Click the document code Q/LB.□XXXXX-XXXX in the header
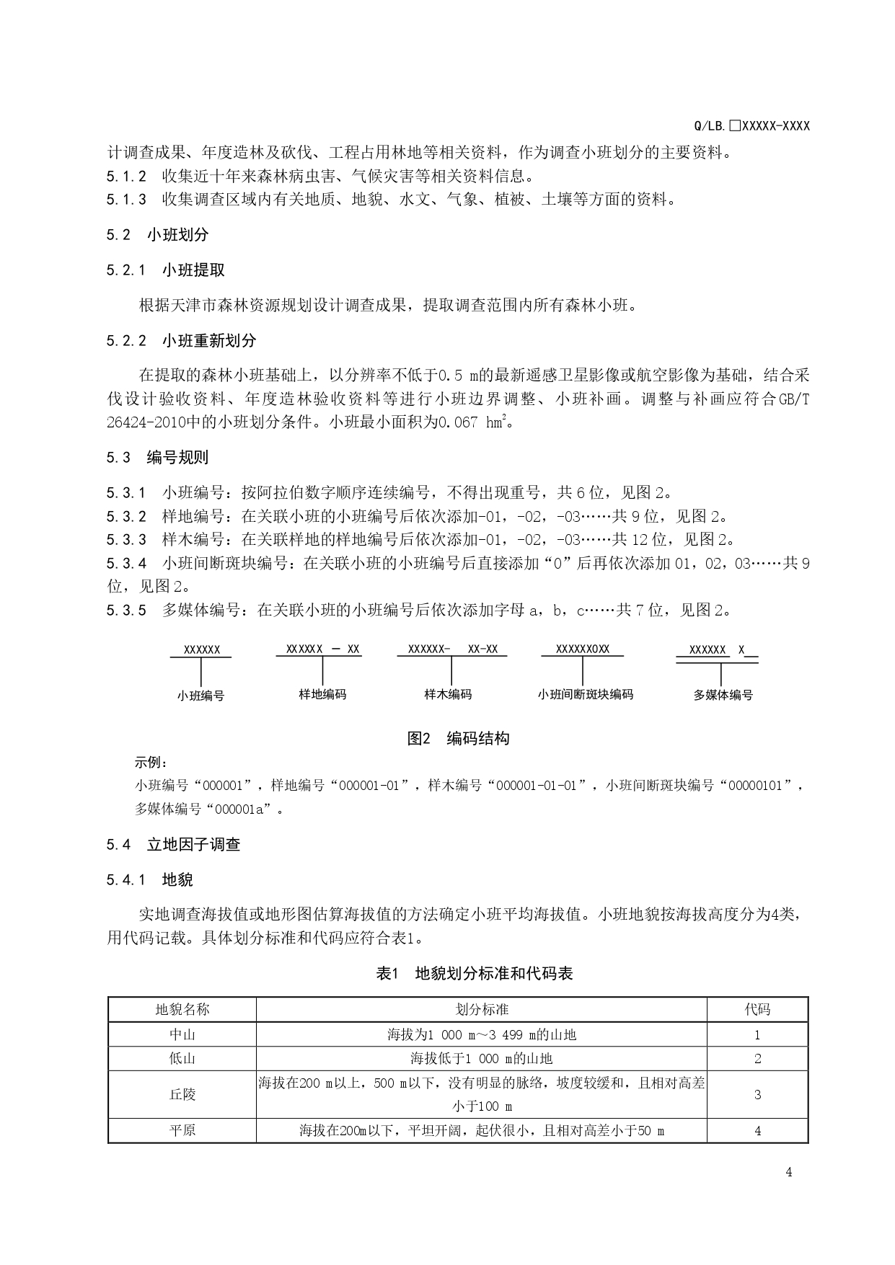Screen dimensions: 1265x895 tap(751, 125)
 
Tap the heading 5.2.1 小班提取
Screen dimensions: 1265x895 tap(165, 270)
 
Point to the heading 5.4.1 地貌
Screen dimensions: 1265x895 tap(149, 879)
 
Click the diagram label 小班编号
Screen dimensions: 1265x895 tap(200, 696)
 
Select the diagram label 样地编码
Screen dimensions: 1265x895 tap(322, 694)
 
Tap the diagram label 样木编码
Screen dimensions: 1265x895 tap(448, 694)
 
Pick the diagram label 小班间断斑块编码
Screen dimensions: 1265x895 tap(585, 694)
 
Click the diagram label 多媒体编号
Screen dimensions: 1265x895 tap(723, 695)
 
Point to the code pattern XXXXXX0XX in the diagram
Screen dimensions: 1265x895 tap(582, 649)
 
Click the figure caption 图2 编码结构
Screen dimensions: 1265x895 tap(458, 738)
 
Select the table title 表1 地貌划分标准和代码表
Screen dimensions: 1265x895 tap(474, 974)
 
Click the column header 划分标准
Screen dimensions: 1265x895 tap(482, 1009)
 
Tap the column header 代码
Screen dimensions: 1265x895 tap(757, 1009)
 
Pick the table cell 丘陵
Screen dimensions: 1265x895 tap(182, 1094)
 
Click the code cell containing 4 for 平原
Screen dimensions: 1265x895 tap(757, 1130)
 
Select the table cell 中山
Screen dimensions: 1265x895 tap(182, 1034)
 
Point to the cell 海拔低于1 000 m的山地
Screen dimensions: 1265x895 tap(482, 1058)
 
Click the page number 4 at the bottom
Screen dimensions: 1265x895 tap(788, 1171)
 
